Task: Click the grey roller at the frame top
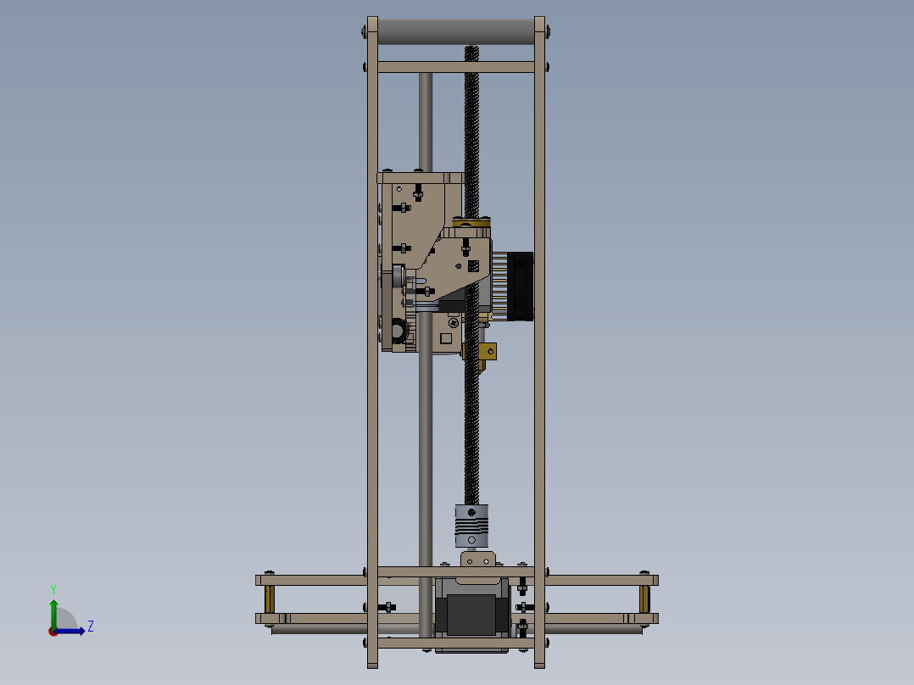456,32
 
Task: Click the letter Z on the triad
90,627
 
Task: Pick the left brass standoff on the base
270,599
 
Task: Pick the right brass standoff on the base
644,599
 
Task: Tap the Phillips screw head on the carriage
454,321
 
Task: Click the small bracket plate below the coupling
477,560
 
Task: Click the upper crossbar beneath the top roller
456,67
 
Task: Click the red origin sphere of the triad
53,631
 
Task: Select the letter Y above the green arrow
53,588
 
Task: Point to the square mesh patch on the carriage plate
473,265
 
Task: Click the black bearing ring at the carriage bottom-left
396,330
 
